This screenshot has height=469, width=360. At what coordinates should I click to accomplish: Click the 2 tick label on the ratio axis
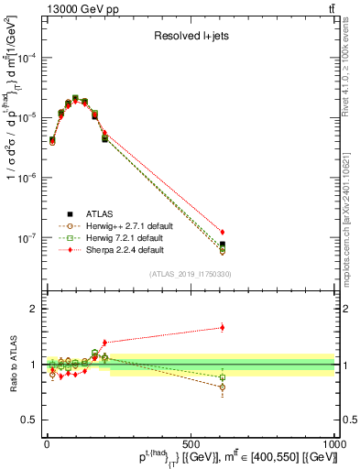34,309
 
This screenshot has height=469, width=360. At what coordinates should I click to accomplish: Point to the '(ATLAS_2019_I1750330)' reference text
189,273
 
